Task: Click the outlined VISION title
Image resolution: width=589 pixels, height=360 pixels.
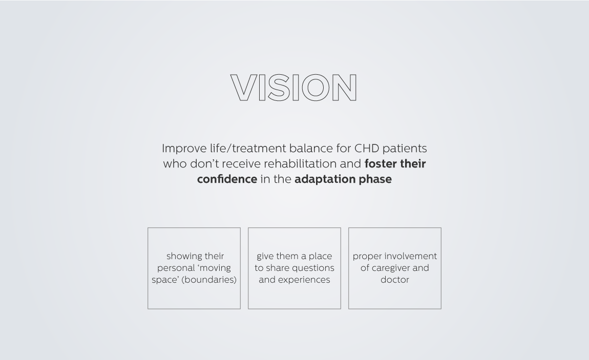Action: (294, 88)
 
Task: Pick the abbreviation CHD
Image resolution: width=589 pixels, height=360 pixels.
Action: (367, 149)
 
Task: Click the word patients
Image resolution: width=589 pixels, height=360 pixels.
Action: (405, 149)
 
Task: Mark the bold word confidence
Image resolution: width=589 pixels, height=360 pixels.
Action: (227, 179)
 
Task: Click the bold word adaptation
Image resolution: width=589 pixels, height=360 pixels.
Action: (325, 179)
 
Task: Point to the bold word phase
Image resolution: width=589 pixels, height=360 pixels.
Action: (375, 179)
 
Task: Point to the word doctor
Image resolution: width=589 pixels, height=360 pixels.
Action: (395, 280)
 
